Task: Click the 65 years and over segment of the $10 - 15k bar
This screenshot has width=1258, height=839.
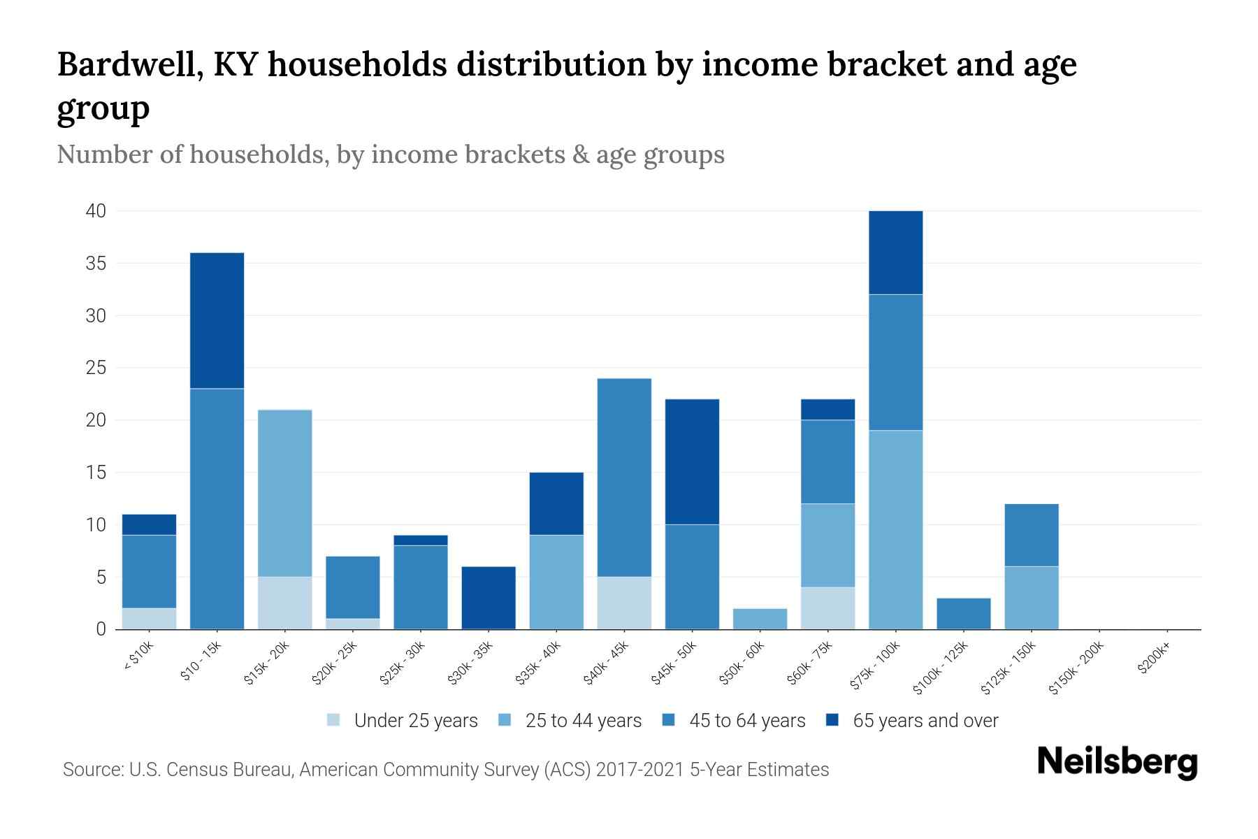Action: tap(217, 320)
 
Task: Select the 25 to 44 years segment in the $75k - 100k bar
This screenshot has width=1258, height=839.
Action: tap(895, 529)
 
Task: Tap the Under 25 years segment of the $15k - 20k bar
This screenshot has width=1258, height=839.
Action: tap(285, 603)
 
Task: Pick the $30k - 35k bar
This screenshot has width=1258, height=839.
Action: tap(489, 598)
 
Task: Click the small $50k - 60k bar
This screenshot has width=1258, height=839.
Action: tap(760, 619)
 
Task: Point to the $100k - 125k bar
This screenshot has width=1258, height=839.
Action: tap(964, 613)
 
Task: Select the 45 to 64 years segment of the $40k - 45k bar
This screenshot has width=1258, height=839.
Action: tap(624, 478)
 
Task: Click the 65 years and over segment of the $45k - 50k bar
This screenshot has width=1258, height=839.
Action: tap(692, 461)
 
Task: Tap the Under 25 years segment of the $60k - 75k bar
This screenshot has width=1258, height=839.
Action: tap(827, 608)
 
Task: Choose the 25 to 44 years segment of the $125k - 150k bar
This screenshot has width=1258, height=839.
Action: tap(1032, 598)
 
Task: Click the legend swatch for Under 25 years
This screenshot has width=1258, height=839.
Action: tap(334, 720)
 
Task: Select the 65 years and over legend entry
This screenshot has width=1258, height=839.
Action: tap(925, 721)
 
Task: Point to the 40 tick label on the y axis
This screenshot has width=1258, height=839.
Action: tap(96, 211)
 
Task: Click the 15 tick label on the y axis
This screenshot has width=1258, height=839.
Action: tap(96, 473)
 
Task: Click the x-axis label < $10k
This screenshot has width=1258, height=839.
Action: tap(139, 657)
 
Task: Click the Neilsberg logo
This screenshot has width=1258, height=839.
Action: tap(1117, 763)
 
